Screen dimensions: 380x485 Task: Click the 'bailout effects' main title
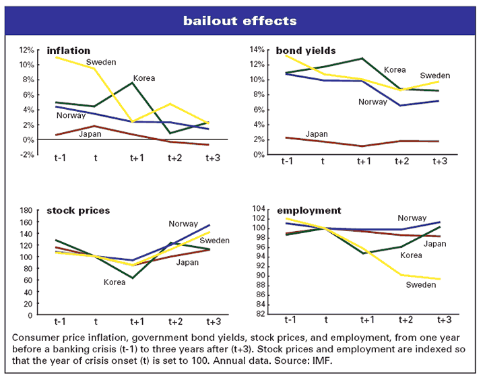click(x=243, y=21)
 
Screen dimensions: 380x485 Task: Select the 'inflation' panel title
click(x=68, y=51)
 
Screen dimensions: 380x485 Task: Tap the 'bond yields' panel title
click(x=305, y=51)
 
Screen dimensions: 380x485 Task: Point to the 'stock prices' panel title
click(x=77, y=210)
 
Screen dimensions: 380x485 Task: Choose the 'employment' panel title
click(x=309, y=211)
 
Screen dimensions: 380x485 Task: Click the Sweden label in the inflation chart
click(x=101, y=62)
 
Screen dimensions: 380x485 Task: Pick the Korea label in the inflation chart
click(x=143, y=78)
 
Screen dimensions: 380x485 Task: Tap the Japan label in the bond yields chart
click(x=317, y=133)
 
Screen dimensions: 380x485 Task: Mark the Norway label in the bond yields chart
click(x=373, y=102)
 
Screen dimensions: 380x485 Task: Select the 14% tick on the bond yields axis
click(x=259, y=50)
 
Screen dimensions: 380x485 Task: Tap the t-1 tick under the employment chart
click(x=290, y=319)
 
